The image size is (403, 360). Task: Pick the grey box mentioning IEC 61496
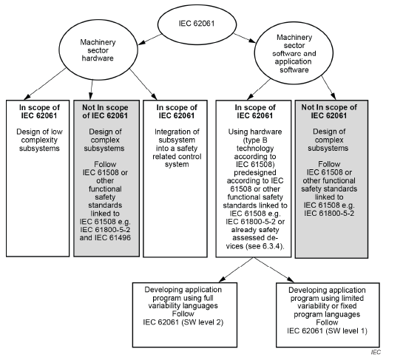point(106,177)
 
